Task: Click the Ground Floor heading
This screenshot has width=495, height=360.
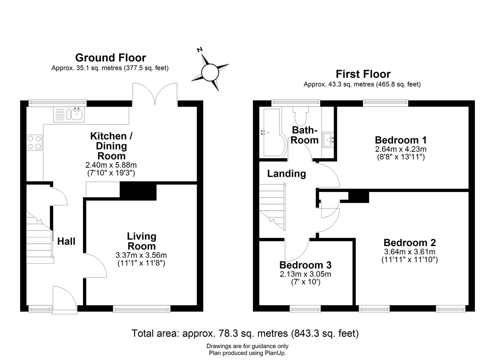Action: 110,58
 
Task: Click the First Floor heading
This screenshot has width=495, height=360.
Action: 363,74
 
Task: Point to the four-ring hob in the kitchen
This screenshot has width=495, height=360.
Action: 35,142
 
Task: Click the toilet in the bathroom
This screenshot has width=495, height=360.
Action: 301,115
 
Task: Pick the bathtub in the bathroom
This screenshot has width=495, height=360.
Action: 274,132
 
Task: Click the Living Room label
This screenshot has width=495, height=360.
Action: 141,241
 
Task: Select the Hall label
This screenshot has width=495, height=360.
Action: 66,241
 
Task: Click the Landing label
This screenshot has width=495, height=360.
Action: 286,173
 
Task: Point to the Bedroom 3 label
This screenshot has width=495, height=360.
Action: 305,265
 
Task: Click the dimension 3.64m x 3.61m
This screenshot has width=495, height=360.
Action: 409,252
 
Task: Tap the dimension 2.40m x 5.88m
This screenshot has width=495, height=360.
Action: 111,165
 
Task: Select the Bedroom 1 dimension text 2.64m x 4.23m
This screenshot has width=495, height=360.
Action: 400,149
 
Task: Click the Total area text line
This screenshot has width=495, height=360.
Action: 245,333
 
